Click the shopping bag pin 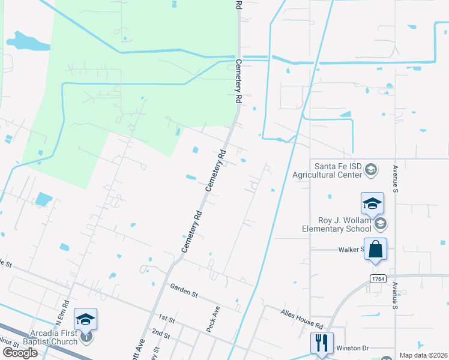(x=375, y=249)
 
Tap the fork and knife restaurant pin (x=322, y=343)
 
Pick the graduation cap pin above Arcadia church (x=85, y=319)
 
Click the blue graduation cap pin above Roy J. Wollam (x=372, y=204)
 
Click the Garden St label (x=184, y=293)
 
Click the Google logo (x=20, y=352)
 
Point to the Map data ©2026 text (x=423, y=355)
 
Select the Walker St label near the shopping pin (x=351, y=249)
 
